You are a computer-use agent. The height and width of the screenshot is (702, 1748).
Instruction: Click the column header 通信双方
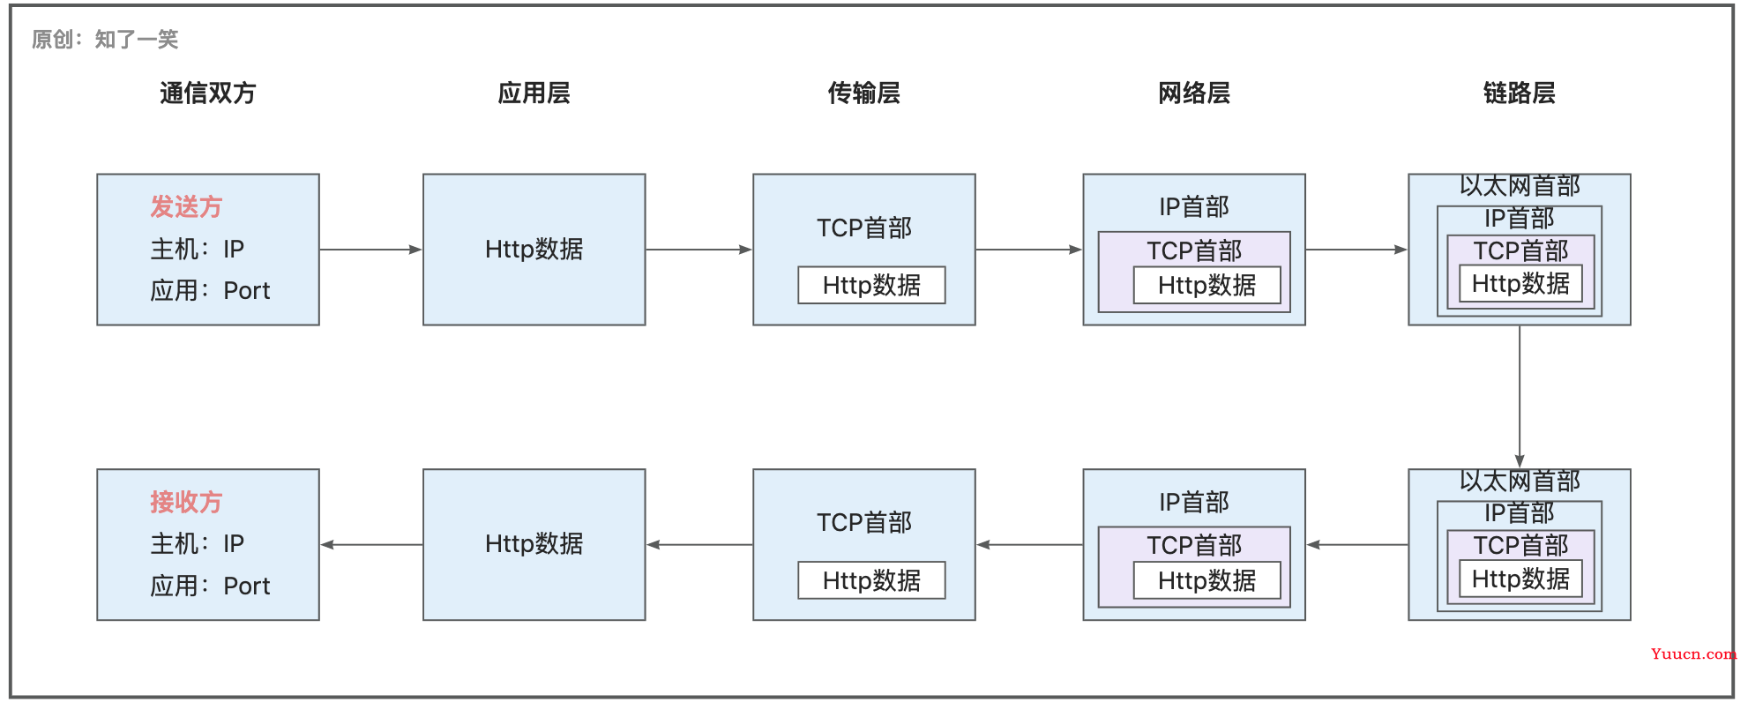tap(208, 93)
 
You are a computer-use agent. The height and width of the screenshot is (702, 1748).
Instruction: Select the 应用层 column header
tap(534, 93)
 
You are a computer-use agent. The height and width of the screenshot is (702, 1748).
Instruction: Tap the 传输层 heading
tap(863, 93)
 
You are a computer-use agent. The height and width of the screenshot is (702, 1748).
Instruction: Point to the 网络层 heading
tap(1194, 93)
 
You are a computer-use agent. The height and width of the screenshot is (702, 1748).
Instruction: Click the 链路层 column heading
tap(1519, 93)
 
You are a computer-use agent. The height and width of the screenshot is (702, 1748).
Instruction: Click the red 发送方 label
tap(186, 206)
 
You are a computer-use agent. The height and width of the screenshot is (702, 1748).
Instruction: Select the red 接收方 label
tap(186, 502)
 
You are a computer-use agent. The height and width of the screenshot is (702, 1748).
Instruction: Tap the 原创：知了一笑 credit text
tap(105, 39)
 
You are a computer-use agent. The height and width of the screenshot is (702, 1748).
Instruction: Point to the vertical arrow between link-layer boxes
tap(1520, 397)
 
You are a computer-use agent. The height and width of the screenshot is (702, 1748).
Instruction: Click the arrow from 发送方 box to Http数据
tap(371, 250)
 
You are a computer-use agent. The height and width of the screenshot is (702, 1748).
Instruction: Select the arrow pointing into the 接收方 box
tap(371, 545)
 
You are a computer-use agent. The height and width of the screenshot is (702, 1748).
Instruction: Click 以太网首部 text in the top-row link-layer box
tap(1520, 186)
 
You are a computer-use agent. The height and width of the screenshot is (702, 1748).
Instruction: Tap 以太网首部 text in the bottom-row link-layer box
tap(1520, 481)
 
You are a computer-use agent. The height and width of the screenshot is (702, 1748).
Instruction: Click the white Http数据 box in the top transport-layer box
tap(871, 285)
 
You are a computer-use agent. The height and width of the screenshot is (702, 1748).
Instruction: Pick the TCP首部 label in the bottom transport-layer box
tap(864, 522)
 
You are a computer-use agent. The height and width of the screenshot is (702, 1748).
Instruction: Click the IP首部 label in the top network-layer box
tap(1194, 206)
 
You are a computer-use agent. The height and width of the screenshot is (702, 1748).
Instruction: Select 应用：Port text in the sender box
tap(210, 290)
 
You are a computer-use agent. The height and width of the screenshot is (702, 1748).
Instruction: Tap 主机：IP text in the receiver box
tap(198, 543)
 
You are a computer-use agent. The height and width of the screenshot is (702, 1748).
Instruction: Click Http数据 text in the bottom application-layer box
tap(534, 543)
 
